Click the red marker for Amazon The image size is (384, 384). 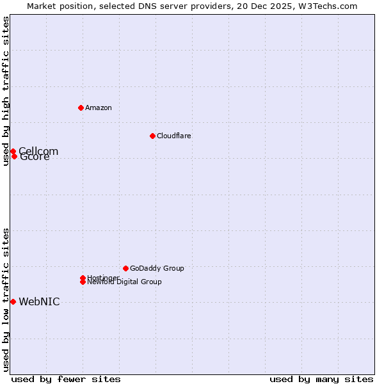[x=81, y=108]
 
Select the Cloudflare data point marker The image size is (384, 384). [x=152, y=136]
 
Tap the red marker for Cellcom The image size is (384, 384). [x=13, y=152]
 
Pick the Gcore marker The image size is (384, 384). [x=14, y=156]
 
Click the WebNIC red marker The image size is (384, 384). [x=13, y=301]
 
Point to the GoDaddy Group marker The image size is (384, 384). [x=125, y=268]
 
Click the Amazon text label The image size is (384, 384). [x=99, y=108]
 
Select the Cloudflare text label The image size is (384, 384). [x=173, y=136]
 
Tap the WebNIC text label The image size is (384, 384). [x=39, y=302]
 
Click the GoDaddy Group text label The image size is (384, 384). [x=157, y=268]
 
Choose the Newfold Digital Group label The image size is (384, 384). [x=124, y=282]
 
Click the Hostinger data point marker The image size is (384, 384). [x=83, y=278]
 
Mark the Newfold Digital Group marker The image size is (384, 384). [x=83, y=282]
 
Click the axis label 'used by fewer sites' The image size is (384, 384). [x=66, y=379]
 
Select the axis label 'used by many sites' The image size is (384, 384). [x=321, y=379]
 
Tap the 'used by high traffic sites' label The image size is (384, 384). [x=6, y=91]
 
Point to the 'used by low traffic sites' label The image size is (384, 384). [x=6, y=300]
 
